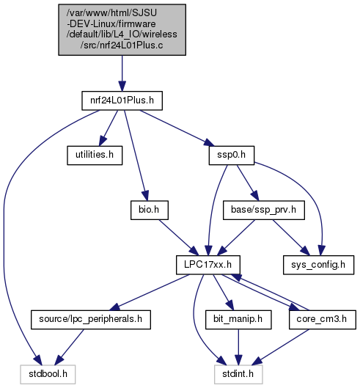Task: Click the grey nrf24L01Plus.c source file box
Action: [x=122, y=29]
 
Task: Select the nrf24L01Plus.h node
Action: [x=122, y=100]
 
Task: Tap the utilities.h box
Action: [x=95, y=155]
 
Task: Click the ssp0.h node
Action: [x=232, y=155]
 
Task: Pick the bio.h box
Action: [x=150, y=210]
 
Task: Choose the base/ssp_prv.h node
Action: [x=264, y=210]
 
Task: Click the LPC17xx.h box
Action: [x=208, y=265]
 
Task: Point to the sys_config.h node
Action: [x=318, y=265]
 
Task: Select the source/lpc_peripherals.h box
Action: [x=91, y=320]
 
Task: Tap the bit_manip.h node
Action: [x=238, y=320]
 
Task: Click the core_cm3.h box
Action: [x=323, y=320]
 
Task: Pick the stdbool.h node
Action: [x=48, y=374]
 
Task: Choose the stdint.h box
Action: [x=238, y=374]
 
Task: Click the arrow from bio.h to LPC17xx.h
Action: [x=179, y=238]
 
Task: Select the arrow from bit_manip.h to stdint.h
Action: [x=238, y=347]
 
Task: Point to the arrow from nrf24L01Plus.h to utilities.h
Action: [x=109, y=128]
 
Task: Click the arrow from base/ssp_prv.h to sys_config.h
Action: [x=291, y=238]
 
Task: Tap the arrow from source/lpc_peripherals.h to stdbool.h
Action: [x=70, y=347]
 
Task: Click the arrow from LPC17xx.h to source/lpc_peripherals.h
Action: [x=150, y=292]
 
